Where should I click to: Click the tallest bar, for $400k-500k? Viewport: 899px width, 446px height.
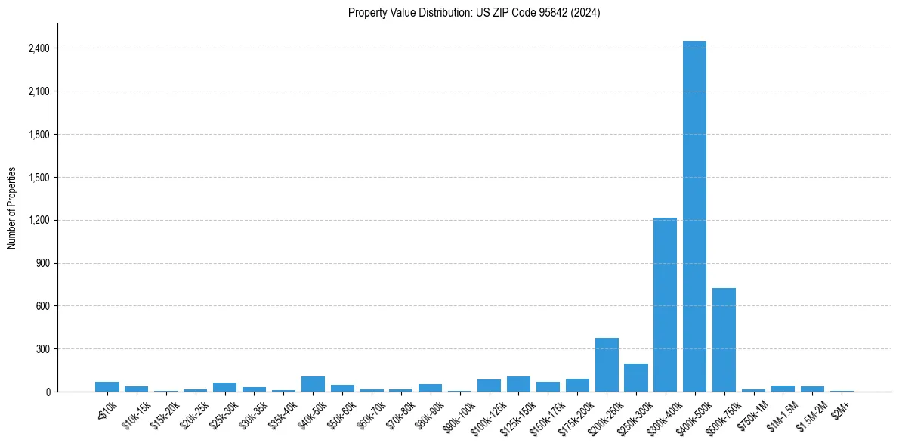pos(694,216)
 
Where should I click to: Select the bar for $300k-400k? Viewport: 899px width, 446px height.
pos(665,305)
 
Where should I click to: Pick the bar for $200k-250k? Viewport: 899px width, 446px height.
pos(607,365)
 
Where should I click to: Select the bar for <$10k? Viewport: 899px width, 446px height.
pos(107,386)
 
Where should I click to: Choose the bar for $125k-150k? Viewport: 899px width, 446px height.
pos(518,384)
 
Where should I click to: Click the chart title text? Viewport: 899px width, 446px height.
pos(474,13)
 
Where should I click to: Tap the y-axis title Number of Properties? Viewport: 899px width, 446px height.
pos(12,207)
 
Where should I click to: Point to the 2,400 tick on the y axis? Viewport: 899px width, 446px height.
pos(39,48)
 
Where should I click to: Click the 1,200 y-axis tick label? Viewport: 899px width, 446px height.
pos(39,220)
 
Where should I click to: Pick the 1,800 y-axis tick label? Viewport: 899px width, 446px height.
pos(39,135)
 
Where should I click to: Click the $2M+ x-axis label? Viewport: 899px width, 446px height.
pos(842,408)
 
